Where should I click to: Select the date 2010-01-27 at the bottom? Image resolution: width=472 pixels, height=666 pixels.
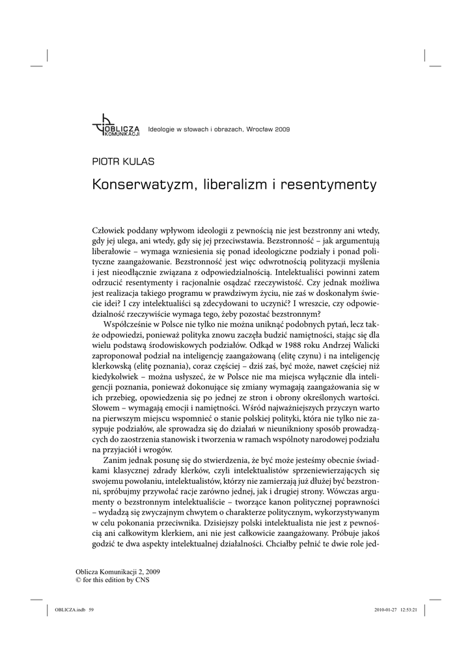click(x=387, y=610)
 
